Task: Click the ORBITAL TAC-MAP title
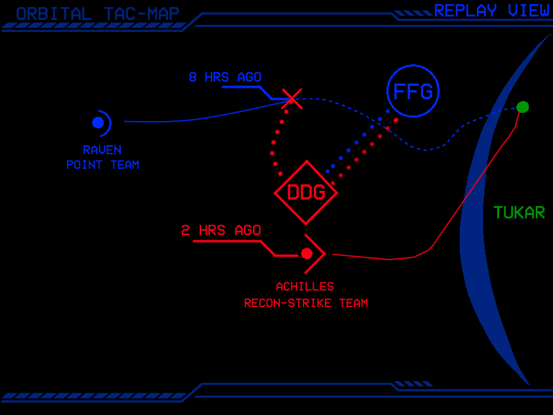tap(97, 14)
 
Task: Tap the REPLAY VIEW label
tap(491, 10)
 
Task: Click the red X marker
tap(292, 98)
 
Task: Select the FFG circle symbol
tap(413, 91)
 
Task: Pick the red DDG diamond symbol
tap(306, 192)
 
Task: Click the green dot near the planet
tap(523, 107)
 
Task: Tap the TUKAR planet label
tap(519, 212)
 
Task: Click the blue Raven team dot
tap(97, 122)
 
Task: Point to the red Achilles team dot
tap(306, 254)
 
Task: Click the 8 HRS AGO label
tap(225, 77)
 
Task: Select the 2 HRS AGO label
tap(221, 230)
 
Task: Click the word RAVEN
tap(102, 149)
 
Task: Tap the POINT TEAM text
tap(102, 165)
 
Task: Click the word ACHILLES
tap(305, 286)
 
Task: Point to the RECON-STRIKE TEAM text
tap(306, 303)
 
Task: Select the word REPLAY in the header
tap(465, 10)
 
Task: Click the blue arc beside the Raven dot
tap(109, 122)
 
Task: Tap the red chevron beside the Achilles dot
tap(320, 254)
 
